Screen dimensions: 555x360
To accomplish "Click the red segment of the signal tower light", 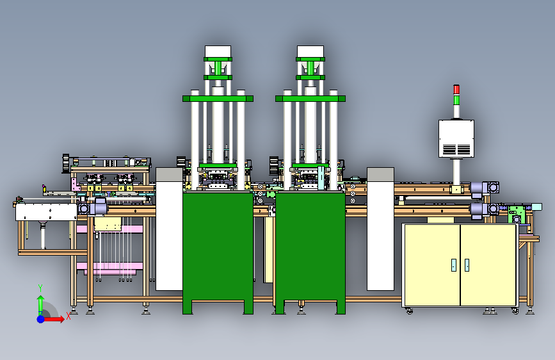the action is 456,89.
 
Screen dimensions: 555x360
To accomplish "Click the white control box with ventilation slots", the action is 456,138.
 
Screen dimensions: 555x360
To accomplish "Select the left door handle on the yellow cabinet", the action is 454,265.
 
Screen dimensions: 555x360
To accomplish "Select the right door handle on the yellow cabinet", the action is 467,265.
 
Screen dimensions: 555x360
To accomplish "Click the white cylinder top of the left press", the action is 218,51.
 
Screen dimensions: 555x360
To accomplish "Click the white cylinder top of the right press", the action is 310,51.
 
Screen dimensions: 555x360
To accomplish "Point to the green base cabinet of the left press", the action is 218,252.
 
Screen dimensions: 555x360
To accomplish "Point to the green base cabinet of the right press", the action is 310,252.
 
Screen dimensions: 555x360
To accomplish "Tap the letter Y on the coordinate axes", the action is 40,288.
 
